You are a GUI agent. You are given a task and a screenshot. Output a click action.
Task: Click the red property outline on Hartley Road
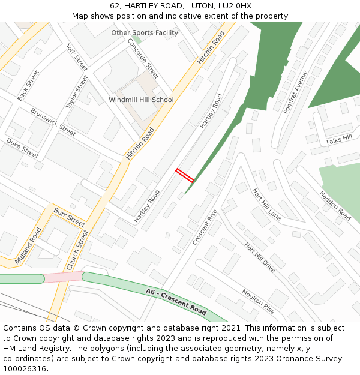point(185,175)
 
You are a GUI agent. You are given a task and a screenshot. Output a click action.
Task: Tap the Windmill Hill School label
point(141,100)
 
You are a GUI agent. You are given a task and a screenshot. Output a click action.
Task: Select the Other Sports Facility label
point(145,33)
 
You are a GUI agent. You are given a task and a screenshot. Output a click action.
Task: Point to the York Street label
point(77,57)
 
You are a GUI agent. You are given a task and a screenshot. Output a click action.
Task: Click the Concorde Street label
point(143,59)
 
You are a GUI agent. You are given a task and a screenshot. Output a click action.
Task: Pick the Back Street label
point(28,86)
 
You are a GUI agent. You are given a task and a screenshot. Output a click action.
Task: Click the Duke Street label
point(22,148)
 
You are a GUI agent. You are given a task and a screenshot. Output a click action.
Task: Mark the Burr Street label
point(70,217)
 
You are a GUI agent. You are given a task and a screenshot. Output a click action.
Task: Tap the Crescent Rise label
point(205,227)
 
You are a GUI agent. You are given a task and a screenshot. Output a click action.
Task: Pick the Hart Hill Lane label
point(266,205)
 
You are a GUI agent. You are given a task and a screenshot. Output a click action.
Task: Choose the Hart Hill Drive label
point(260,258)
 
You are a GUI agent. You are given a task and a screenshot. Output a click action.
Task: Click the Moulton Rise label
point(258,301)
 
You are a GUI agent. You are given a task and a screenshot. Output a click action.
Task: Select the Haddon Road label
point(335,206)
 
